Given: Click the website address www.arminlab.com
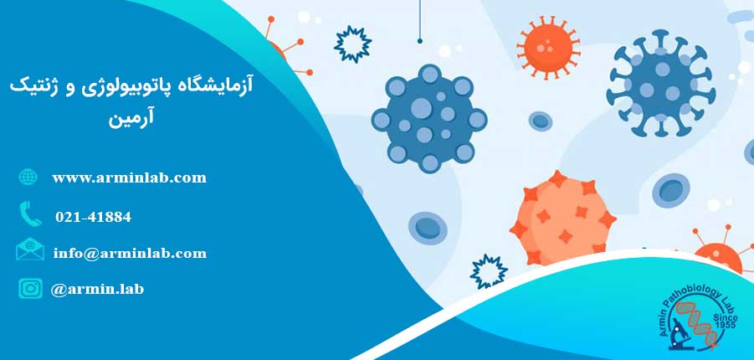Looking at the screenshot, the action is click(x=130, y=178).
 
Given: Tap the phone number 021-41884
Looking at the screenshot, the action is click(x=93, y=217).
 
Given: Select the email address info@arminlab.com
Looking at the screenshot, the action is click(x=130, y=253).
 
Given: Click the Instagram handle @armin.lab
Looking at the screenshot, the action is click(x=97, y=289).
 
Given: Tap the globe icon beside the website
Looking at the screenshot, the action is click(x=28, y=177).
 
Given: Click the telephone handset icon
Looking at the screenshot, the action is click(x=30, y=213).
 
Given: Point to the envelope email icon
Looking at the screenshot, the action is click(x=30, y=249).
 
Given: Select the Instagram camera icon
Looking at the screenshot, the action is click(x=30, y=288).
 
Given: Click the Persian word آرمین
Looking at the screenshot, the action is click(x=131, y=118).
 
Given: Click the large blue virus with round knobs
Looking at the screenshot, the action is click(x=429, y=118).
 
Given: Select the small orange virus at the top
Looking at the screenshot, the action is click(x=548, y=46).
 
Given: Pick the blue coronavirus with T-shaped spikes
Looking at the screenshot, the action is click(x=661, y=83).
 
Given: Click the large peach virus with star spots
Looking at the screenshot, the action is click(x=562, y=219).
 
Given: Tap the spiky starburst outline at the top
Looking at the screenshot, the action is click(x=353, y=44).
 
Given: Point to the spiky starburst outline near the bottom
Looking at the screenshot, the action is click(x=489, y=272).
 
